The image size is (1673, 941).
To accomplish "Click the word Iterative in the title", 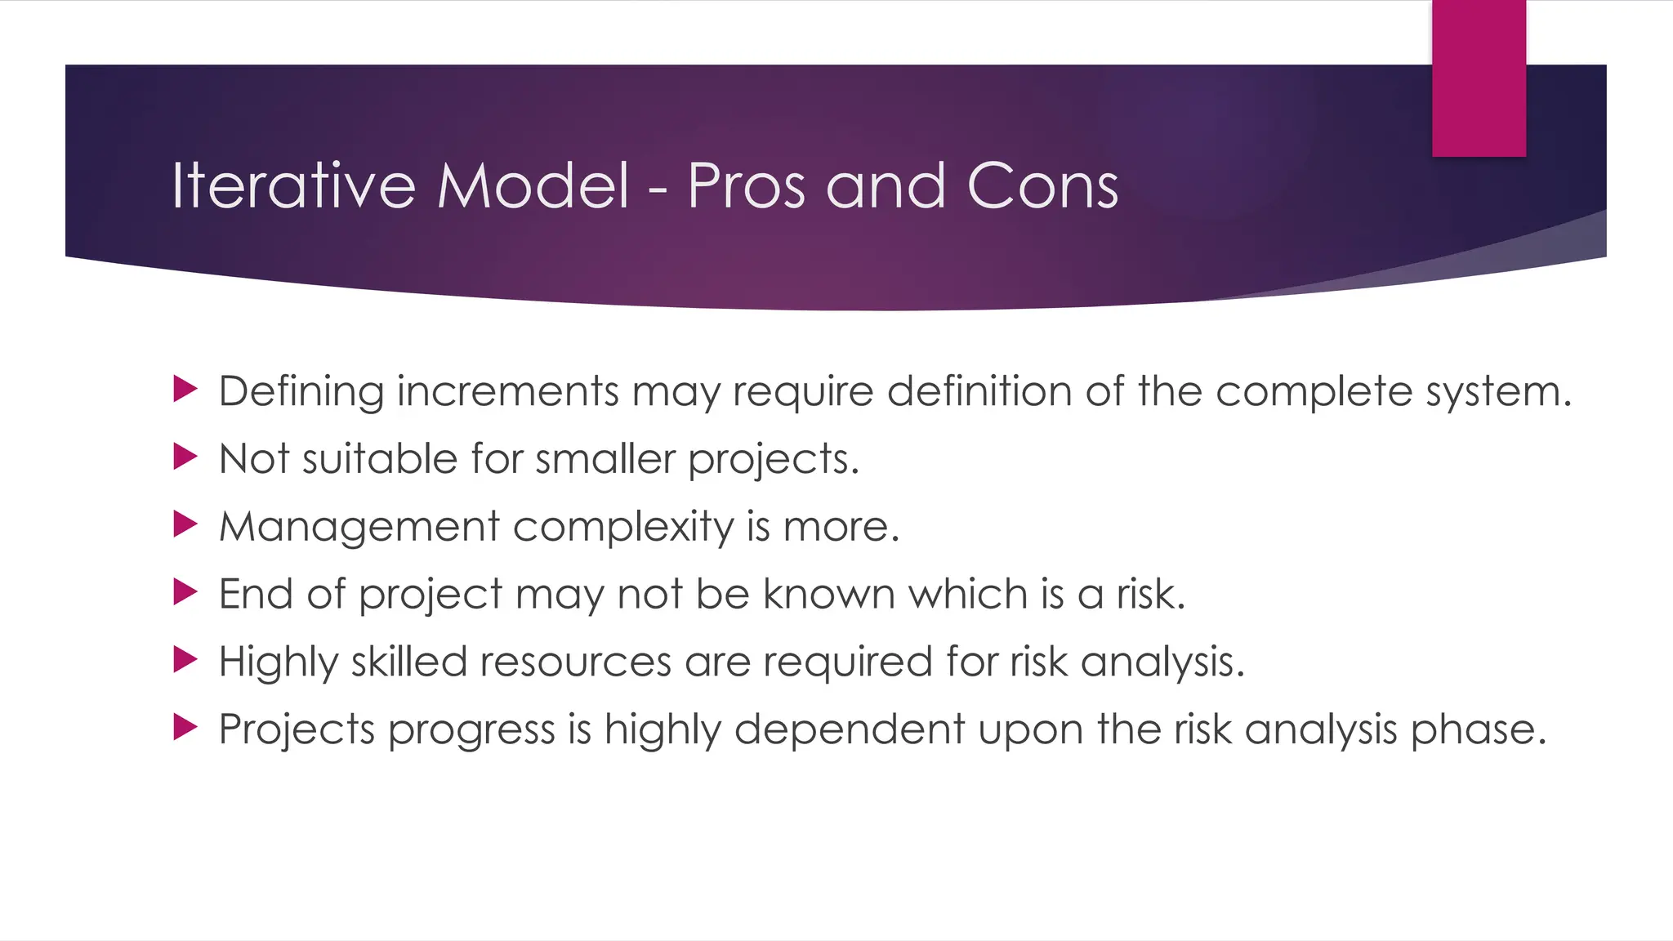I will [x=293, y=186].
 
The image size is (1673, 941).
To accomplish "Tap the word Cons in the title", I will [x=1042, y=186].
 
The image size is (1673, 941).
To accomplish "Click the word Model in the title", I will [x=533, y=186].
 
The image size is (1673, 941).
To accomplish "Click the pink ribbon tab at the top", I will [x=1479, y=78].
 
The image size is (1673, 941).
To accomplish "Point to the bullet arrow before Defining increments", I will [x=185, y=390].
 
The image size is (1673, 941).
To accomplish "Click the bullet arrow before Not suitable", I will [x=185, y=457].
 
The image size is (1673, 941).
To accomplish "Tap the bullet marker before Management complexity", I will [x=185, y=524].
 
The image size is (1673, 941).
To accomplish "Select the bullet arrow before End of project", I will [x=185, y=592].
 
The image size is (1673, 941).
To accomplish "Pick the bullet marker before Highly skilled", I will [x=185, y=660].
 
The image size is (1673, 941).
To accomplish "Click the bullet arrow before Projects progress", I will [x=185, y=727].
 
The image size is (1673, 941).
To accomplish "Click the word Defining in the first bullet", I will [x=301, y=391].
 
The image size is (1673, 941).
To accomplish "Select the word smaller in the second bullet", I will [x=605, y=458].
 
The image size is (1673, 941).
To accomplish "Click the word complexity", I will [x=623, y=528].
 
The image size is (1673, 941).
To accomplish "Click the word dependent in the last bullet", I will [x=850, y=729].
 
